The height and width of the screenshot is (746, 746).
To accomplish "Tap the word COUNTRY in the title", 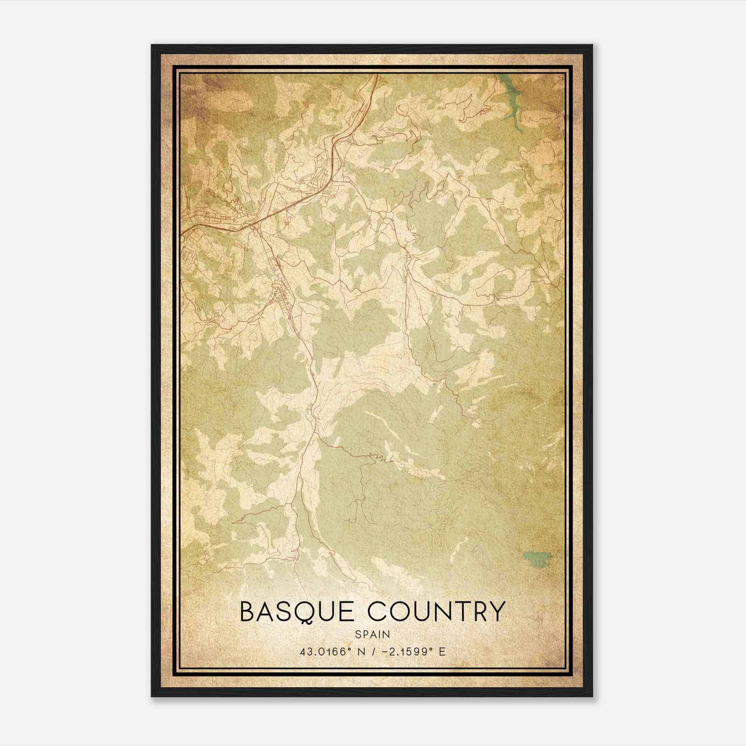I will tap(435, 612).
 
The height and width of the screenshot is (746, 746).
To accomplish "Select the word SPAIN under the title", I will tap(373, 634).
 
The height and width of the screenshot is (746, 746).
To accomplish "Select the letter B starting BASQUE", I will tap(248, 612).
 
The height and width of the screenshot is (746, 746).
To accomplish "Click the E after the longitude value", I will tap(442, 651).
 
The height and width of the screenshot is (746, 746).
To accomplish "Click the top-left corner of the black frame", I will tap(152, 46).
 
